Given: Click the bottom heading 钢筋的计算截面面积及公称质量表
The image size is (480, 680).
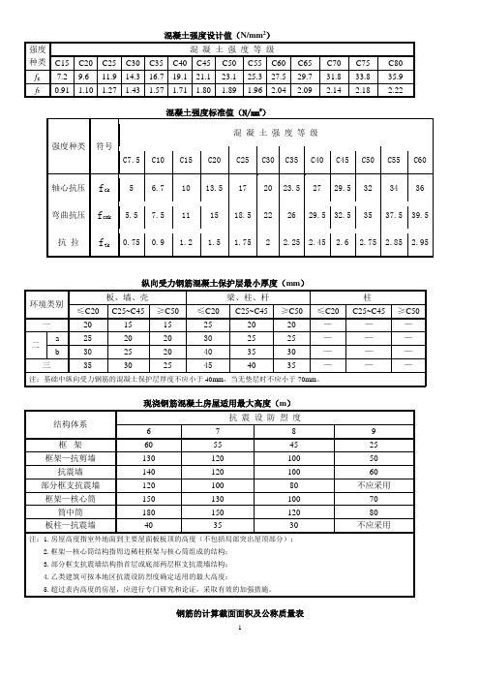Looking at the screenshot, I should pyautogui.click(x=240, y=614).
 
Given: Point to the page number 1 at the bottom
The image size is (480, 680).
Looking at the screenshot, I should pyautogui.click(x=240, y=629).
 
